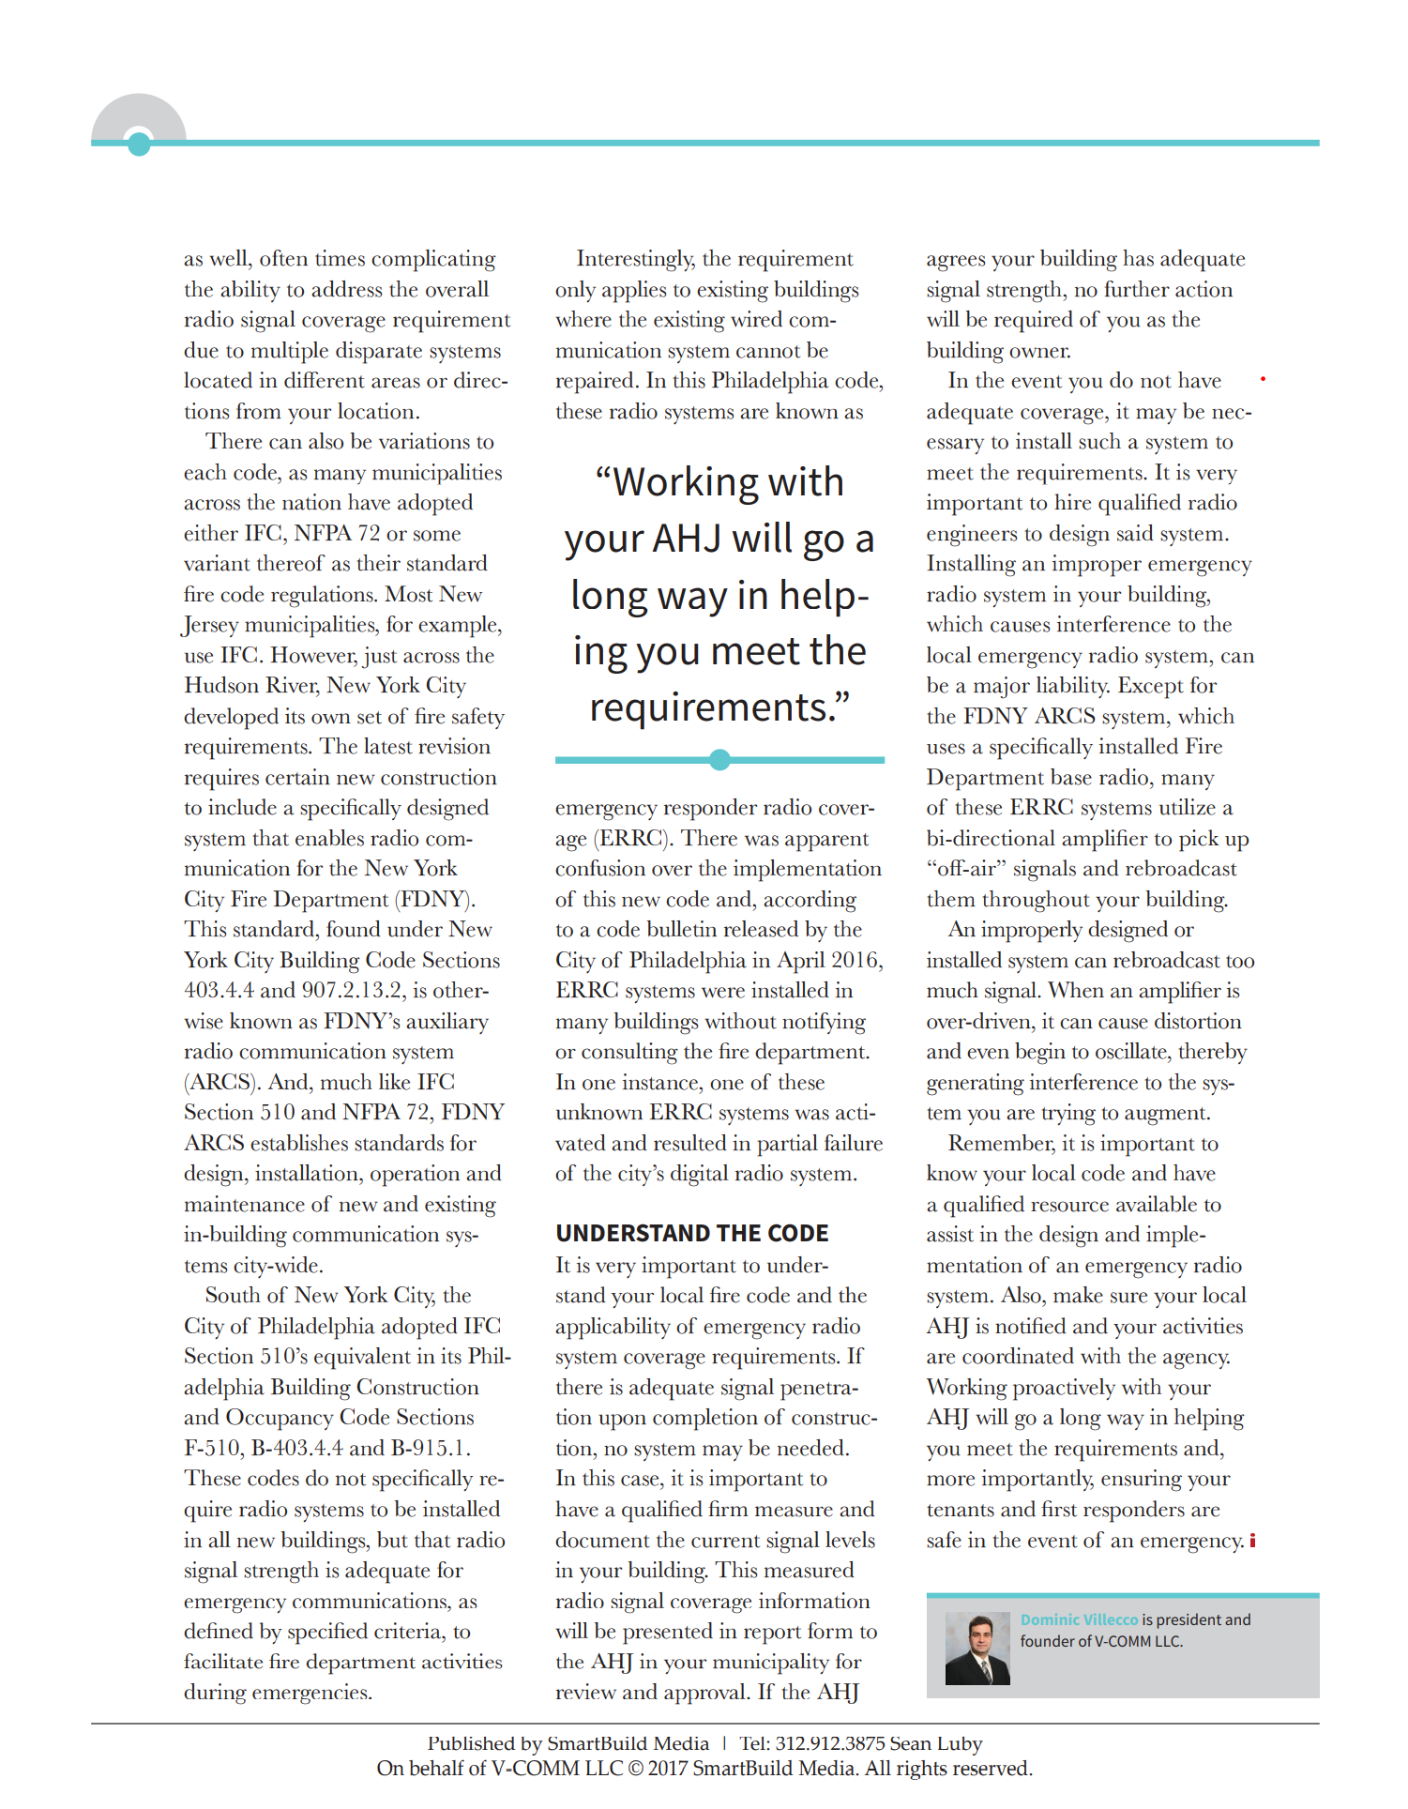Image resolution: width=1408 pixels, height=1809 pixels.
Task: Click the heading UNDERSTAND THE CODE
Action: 691,1233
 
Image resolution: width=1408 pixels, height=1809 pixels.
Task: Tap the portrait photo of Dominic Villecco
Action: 977,1648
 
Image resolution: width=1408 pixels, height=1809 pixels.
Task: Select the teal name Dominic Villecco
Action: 1079,1619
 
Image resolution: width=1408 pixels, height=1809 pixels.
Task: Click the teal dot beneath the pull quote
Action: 719,760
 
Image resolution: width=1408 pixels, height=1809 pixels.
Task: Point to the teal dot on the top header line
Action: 139,144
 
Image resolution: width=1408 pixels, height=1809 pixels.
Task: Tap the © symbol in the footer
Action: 635,1769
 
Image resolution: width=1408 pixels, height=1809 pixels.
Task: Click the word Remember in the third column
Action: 1000,1144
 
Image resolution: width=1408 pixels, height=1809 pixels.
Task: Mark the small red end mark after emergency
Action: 1252,1541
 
